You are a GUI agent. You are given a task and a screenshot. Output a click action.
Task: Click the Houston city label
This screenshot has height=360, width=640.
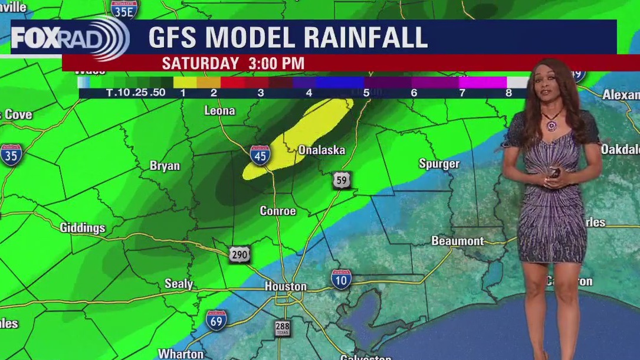(285, 287)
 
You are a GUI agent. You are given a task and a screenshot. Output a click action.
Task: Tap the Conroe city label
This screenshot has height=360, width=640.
(278, 211)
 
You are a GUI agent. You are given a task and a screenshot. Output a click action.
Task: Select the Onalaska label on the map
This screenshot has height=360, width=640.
(321, 150)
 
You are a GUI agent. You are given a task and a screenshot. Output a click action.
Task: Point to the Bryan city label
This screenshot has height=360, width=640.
(165, 166)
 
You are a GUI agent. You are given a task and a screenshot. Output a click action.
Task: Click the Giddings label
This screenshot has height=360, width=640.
(83, 228)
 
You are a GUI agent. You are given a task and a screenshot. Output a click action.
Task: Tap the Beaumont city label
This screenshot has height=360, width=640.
(457, 241)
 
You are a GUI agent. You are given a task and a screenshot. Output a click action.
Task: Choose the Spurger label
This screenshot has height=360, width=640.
(439, 163)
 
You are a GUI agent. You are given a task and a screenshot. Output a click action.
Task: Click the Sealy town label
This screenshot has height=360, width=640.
(179, 284)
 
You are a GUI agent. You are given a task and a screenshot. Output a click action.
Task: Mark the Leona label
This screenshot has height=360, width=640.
(219, 111)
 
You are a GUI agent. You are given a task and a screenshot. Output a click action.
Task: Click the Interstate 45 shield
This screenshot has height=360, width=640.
(260, 155)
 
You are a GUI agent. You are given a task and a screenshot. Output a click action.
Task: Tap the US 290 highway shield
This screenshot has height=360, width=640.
(239, 254)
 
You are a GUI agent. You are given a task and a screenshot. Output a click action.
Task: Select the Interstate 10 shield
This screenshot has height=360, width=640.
(341, 279)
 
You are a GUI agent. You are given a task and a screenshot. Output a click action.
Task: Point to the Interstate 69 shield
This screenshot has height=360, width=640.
(216, 320)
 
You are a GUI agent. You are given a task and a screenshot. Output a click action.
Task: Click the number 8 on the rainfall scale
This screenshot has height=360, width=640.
(508, 93)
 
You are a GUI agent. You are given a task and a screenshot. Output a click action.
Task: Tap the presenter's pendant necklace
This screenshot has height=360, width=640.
(552, 126)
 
